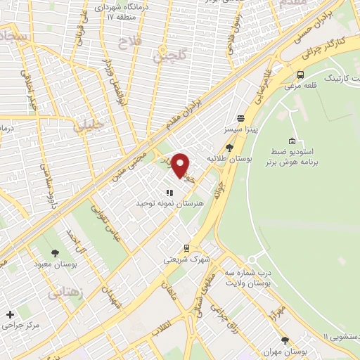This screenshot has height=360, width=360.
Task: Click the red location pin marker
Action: coord(181,165)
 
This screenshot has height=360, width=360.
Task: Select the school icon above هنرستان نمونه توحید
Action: coord(169,192)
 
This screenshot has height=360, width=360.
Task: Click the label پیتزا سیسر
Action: coord(240,130)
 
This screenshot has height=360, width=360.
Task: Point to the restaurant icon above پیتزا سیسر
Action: coord(240,119)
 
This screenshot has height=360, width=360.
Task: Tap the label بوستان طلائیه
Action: coord(229,158)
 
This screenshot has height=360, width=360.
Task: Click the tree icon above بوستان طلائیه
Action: coord(229,148)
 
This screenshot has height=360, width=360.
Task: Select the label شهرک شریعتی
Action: coord(186,259)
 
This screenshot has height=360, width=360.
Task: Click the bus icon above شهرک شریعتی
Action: coord(186,248)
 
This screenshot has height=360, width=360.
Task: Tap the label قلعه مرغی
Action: coord(301,86)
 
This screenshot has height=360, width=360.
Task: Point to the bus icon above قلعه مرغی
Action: coord(301,75)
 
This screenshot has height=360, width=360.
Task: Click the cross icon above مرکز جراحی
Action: coord(9,314)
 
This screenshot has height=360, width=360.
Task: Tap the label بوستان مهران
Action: coord(285,351)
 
